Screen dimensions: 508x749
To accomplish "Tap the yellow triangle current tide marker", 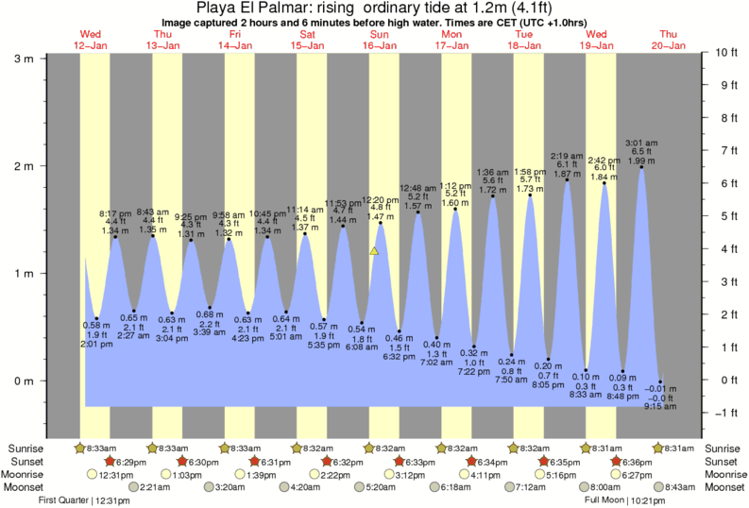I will point(375,251).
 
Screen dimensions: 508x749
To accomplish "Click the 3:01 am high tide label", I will point(641,144).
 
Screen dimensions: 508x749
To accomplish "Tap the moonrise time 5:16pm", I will point(570,474).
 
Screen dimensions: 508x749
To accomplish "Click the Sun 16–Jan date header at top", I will point(380,39).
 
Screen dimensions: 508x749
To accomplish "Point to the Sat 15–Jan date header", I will point(307,39).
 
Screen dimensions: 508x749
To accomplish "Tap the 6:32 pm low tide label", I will point(399,357).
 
